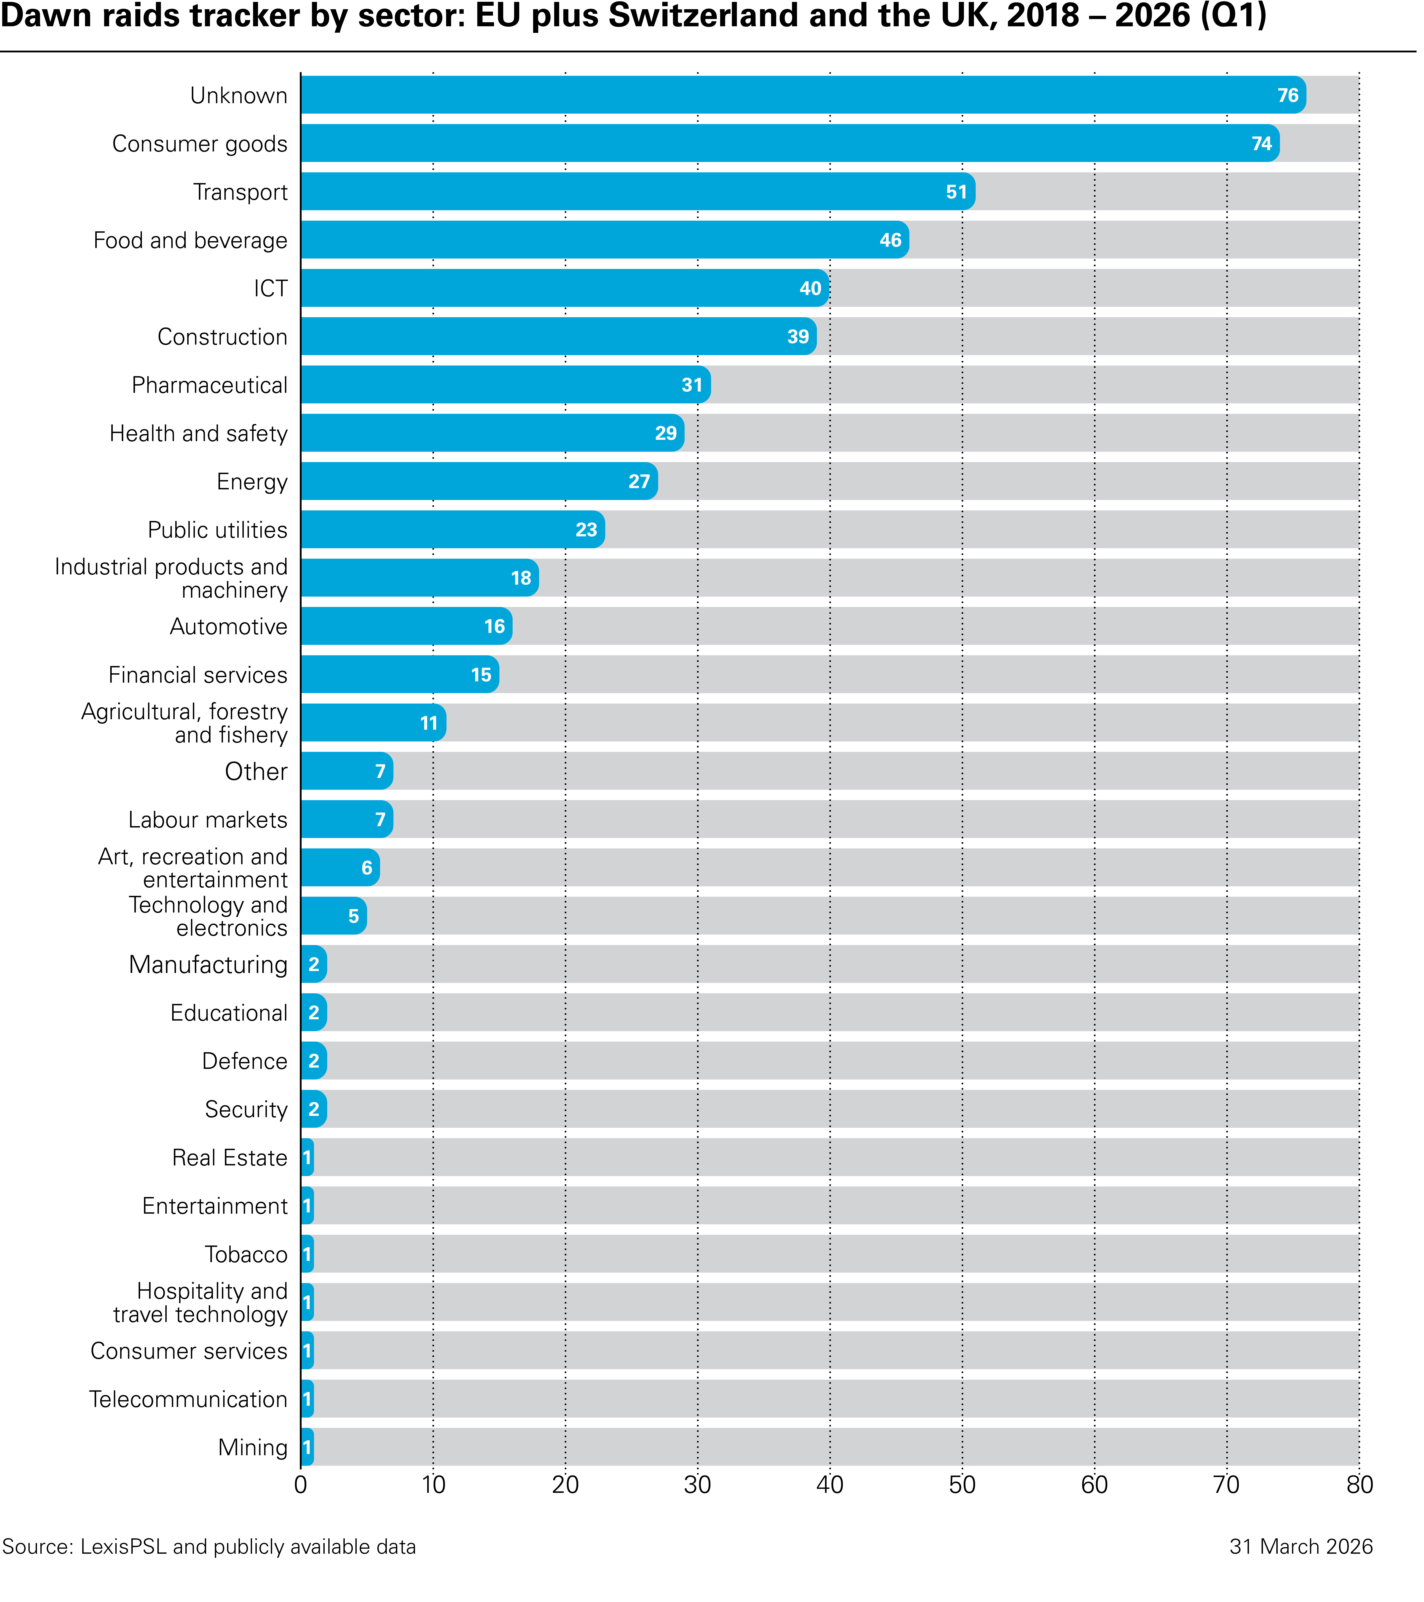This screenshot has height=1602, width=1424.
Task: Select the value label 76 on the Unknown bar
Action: pos(1288,96)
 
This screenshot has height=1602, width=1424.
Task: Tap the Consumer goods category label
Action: pos(200,144)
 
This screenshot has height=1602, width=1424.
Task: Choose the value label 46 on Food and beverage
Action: pos(890,241)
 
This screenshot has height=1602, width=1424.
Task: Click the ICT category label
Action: pos(270,289)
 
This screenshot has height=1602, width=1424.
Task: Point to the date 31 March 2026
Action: pos(1301,1546)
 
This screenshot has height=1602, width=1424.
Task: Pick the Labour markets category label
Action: pos(208,820)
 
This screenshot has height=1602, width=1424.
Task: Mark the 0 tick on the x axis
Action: pos(301,1485)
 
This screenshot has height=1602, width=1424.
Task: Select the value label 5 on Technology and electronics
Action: pos(353,916)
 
